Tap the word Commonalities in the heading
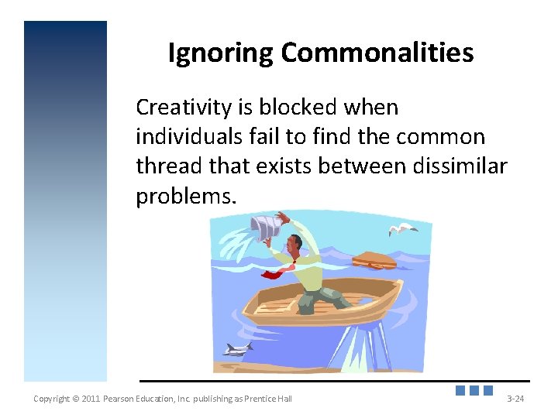tap(377, 53)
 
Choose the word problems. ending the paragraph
tap(184, 197)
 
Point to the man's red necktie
tap(276, 272)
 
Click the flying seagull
tap(402, 228)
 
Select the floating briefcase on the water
tap(374, 261)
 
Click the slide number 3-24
tap(515, 399)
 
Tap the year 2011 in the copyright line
tap(90, 399)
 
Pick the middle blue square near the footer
tap(474, 391)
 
